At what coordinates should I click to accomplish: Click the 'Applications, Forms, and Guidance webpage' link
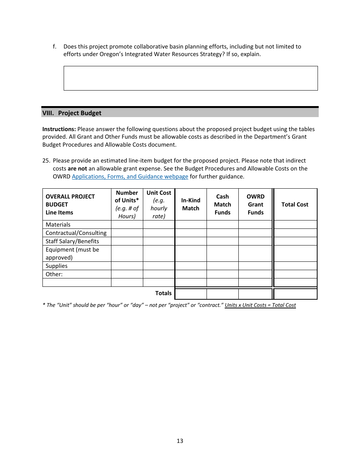coord(130,177)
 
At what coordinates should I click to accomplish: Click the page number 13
coord(180,441)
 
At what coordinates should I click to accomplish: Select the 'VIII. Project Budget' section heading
coord(72,113)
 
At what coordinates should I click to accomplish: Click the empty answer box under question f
coord(191,78)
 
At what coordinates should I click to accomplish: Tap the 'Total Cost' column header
coord(295,205)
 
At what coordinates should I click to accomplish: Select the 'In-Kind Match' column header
coord(191,204)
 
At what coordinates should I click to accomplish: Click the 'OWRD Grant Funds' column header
coord(255,205)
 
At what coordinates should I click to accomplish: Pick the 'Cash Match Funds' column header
coord(222,205)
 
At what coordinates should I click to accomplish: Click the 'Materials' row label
coord(58,225)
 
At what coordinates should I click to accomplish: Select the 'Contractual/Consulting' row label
coord(76,233)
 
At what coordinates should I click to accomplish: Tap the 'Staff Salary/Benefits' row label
coord(72,241)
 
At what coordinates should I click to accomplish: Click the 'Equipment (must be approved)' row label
coord(72,253)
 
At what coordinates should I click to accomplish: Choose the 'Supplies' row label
coord(56,266)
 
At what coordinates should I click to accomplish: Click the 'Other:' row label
coord(54,274)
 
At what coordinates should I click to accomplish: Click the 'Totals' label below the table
coord(163,293)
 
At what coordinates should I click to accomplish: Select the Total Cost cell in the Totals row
coord(295,294)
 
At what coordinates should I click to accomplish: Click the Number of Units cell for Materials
coord(127,225)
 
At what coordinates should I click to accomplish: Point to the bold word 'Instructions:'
coord(59,129)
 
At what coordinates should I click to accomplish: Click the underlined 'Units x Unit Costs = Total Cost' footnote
coord(260,305)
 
